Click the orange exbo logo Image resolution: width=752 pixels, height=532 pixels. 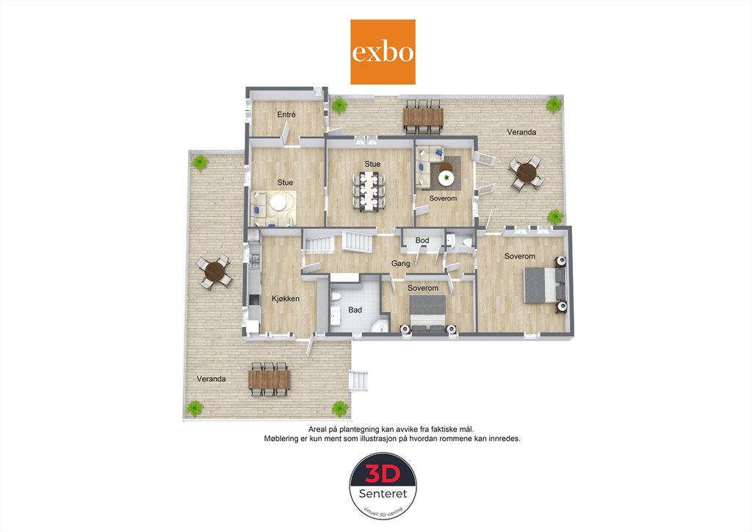[x=383, y=52]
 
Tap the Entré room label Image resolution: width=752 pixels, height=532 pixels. [x=286, y=115]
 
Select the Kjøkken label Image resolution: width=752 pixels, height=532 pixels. [x=286, y=298]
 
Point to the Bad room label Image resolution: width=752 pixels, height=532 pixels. [x=355, y=310]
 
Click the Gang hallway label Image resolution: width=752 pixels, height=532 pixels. [x=400, y=263]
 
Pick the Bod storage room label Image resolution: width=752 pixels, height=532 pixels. [x=422, y=240]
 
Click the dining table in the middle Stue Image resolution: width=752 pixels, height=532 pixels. [x=369, y=191]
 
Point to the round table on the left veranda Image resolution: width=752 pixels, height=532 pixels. [x=214, y=272]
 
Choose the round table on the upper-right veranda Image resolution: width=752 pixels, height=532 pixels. [x=527, y=173]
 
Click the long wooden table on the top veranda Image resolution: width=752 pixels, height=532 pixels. [x=423, y=117]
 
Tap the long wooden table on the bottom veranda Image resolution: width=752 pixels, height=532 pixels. [x=269, y=379]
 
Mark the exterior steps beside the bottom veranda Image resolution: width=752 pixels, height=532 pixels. [x=358, y=381]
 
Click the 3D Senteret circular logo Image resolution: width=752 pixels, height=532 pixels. [x=383, y=486]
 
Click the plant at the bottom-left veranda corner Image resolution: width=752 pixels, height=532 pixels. [x=195, y=409]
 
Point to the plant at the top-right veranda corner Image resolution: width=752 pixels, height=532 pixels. [x=554, y=104]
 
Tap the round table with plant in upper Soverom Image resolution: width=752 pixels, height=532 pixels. [x=446, y=178]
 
